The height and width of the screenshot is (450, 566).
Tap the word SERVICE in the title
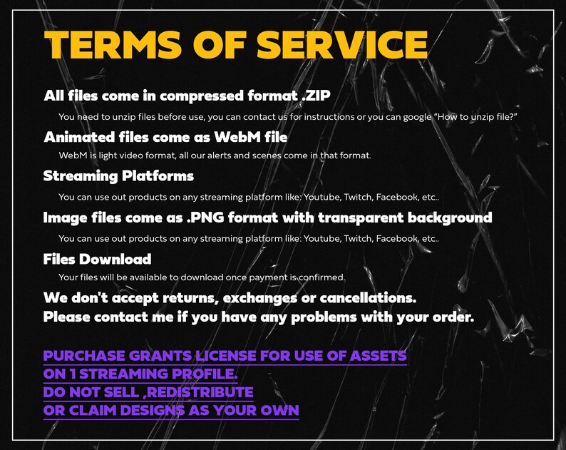pos(341,46)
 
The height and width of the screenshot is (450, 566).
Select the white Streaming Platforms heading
pos(118,175)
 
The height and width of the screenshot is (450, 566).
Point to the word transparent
pos(367,217)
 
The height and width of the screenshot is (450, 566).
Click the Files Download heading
pos(97,259)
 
